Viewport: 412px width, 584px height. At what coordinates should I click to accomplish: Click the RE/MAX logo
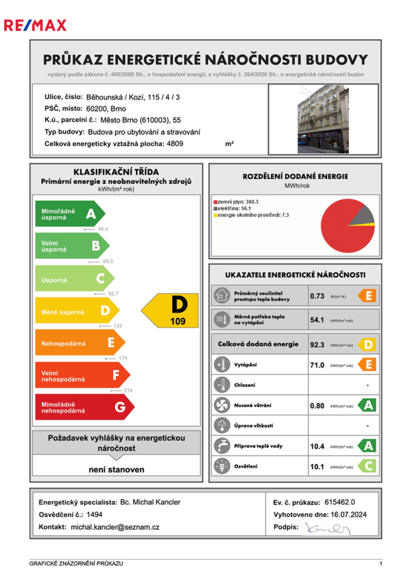pyautogui.click(x=35, y=25)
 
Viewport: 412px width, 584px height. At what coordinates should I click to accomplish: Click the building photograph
pyautogui.click(x=323, y=115)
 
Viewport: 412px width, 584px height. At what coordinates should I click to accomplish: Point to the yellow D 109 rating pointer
pyautogui.click(x=171, y=311)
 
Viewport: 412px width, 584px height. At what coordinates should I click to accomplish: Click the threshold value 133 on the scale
pyautogui.click(x=118, y=326)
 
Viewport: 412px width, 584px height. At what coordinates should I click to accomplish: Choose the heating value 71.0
pyautogui.click(x=317, y=365)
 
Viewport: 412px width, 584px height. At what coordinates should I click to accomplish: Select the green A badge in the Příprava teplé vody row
pyautogui.click(x=367, y=446)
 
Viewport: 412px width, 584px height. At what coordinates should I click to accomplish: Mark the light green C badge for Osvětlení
pyautogui.click(x=367, y=466)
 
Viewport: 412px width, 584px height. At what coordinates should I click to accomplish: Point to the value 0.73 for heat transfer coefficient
pyautogui.click(x=317, y=296)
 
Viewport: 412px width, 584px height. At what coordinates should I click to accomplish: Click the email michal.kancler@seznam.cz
pyautogui.click(x=115, y=527)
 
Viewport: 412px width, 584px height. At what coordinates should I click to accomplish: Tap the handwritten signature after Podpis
pyautogui.click(x=328, y=528)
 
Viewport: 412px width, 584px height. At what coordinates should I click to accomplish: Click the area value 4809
pyautogui.click(x=175, y=144)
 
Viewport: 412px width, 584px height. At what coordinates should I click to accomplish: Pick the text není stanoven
pyautogui.click(x=117, y=469)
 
